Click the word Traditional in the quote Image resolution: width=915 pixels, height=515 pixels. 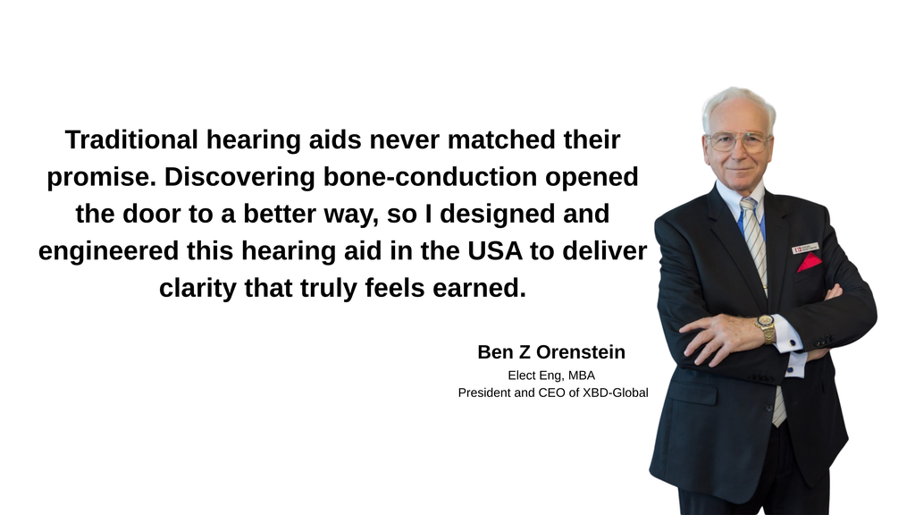[x=131, y=140]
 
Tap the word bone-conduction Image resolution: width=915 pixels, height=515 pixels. [x=430, y=177]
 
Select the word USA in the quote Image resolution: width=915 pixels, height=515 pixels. [x=495, y=250]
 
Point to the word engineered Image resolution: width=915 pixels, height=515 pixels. [x=108, y=251]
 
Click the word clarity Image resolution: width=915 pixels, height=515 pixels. [x=197, y=289]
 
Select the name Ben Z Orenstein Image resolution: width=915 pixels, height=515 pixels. [x=551, y=352]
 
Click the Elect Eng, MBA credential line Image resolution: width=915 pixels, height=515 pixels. [x=551, y=376]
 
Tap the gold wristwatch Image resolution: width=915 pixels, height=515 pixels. [x=766, y=328]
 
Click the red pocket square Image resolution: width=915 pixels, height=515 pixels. [x=810, y=263]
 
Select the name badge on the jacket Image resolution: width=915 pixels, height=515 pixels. [x=805, y=249]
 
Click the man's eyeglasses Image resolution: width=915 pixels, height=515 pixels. [x=738, y=141]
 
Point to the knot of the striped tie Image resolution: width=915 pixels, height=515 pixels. [x=748, y=206]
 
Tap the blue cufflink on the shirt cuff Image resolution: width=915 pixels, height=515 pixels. [x=793, y=342]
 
